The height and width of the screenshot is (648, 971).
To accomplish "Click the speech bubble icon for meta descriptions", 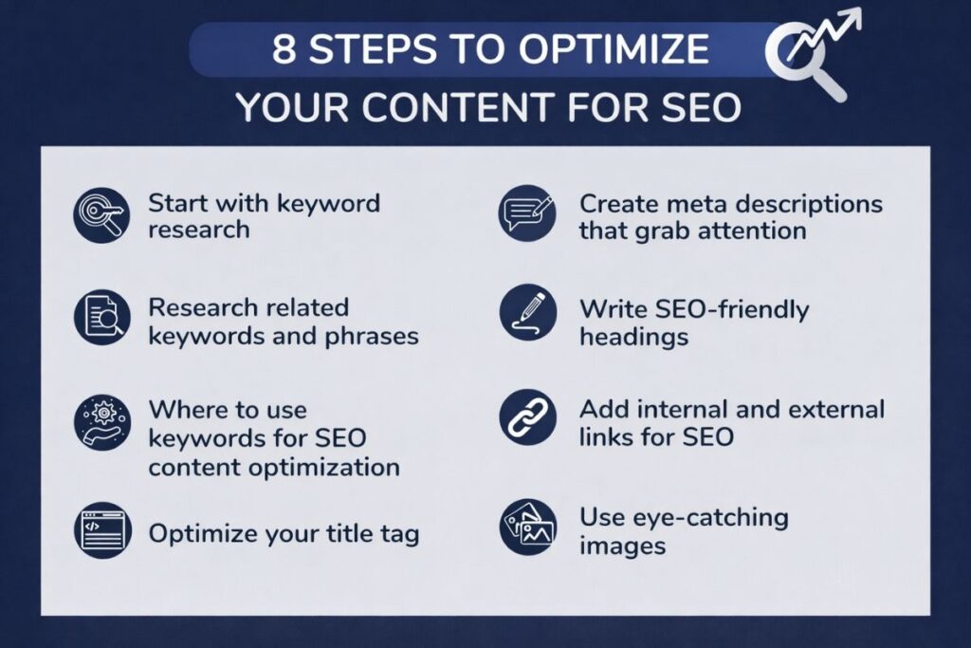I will click(x=526, y=214).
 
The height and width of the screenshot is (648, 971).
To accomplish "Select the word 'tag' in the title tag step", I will click(x=398, y=533).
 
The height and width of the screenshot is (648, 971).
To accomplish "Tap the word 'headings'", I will click(x=633, y=337).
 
